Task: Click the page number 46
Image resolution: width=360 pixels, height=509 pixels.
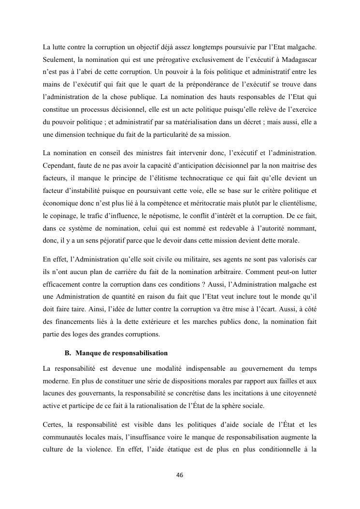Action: click(x=180, y=475)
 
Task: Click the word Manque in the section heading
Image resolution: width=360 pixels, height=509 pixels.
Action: click(x=89, y=353)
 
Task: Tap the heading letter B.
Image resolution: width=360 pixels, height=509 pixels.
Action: click(x=67, y=353)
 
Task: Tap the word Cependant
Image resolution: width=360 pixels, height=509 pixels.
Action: click(x=59, y=166)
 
